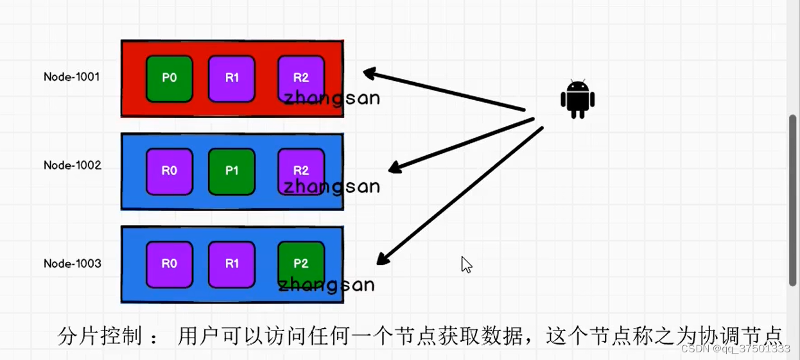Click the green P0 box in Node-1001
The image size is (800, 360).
point(169,79)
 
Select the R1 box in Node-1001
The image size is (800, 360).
point(232,79)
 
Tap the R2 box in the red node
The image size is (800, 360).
point(300,76)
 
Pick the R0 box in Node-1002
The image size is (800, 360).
point(169,171)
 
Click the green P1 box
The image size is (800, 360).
point(232,171)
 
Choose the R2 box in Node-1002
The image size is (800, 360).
point(300,168)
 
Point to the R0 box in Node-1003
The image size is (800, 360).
point(169,264)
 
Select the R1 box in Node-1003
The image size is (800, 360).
point(232,264)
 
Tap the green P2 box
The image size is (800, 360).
point(300,262)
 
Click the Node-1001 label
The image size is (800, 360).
point(71,77)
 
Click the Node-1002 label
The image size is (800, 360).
point(72,166)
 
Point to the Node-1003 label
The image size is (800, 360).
point(72,264)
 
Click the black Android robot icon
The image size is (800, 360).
point(577,99)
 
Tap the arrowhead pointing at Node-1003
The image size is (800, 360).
point(383,258)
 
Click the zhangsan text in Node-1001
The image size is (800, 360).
point(332,99)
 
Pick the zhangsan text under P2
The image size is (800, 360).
point(326,285)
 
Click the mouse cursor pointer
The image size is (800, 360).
point(466,264)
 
